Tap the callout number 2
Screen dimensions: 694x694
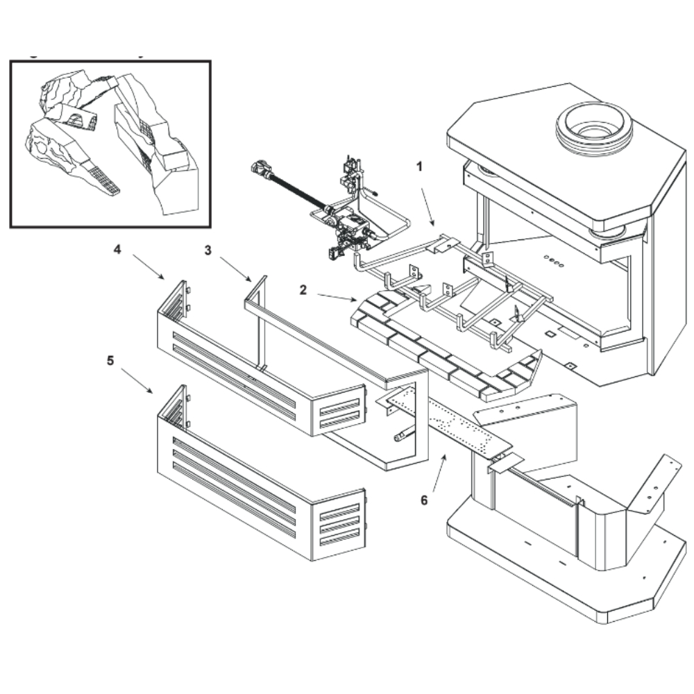[303, 289]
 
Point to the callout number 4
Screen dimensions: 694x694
[117, 250]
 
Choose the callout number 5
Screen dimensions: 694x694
[110, 360]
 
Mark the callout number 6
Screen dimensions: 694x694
[425, 498]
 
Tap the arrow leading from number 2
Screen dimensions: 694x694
[336, 298]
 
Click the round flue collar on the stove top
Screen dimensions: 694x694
[594, 126]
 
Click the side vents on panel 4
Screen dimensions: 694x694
[341, 409]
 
